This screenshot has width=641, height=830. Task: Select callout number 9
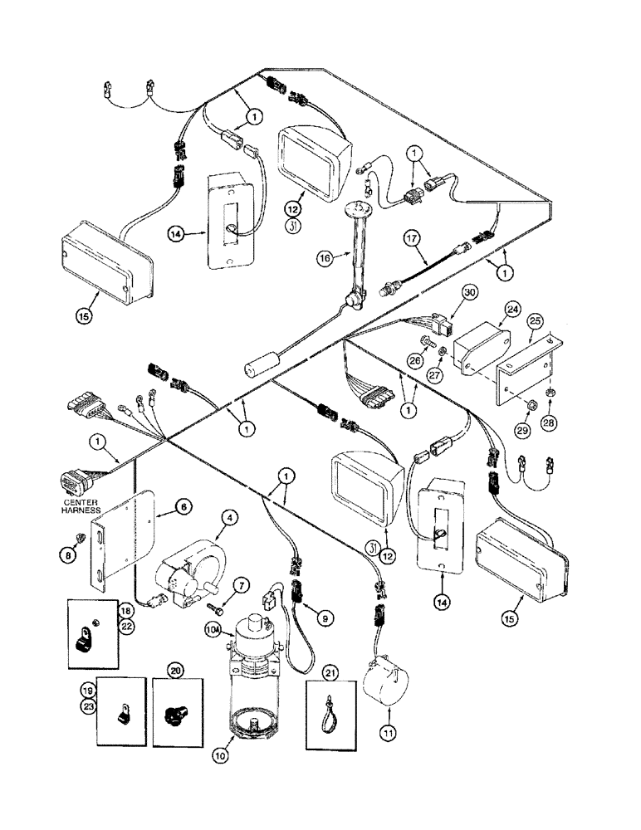324,617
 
